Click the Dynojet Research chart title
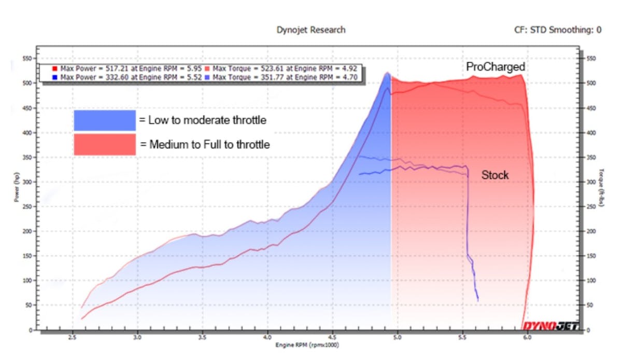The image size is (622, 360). (x=311, y=30)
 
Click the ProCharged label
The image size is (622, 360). (x=495, y=67)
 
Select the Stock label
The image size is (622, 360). (x=495, y=175)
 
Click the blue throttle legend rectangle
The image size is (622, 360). (x=104, y=120)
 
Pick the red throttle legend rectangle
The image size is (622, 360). (x=104, y=145)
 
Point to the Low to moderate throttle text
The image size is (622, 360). (x=203, y=120)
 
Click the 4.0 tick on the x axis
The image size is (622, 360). (x=267, y=336)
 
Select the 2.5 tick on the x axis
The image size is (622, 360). (x=73, y=336)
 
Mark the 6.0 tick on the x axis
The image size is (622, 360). (x=527, y=336)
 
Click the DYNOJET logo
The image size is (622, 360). (x=550, y=325)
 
